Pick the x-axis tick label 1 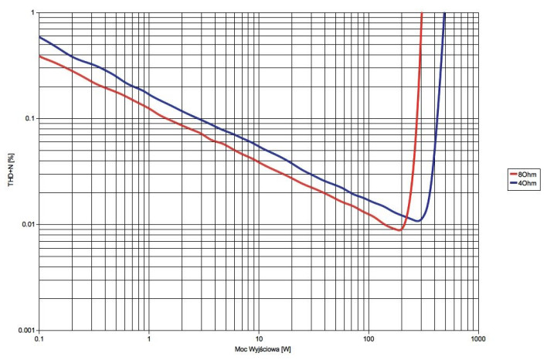point(148,339)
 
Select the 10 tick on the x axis point(259,339)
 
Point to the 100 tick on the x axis point(369,339)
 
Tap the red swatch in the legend point(512,175)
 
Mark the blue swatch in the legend point(512,184)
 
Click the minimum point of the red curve point(399,229)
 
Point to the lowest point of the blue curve point(417,221)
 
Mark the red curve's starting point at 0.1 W point(39,56)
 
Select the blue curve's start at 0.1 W point(39,37)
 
